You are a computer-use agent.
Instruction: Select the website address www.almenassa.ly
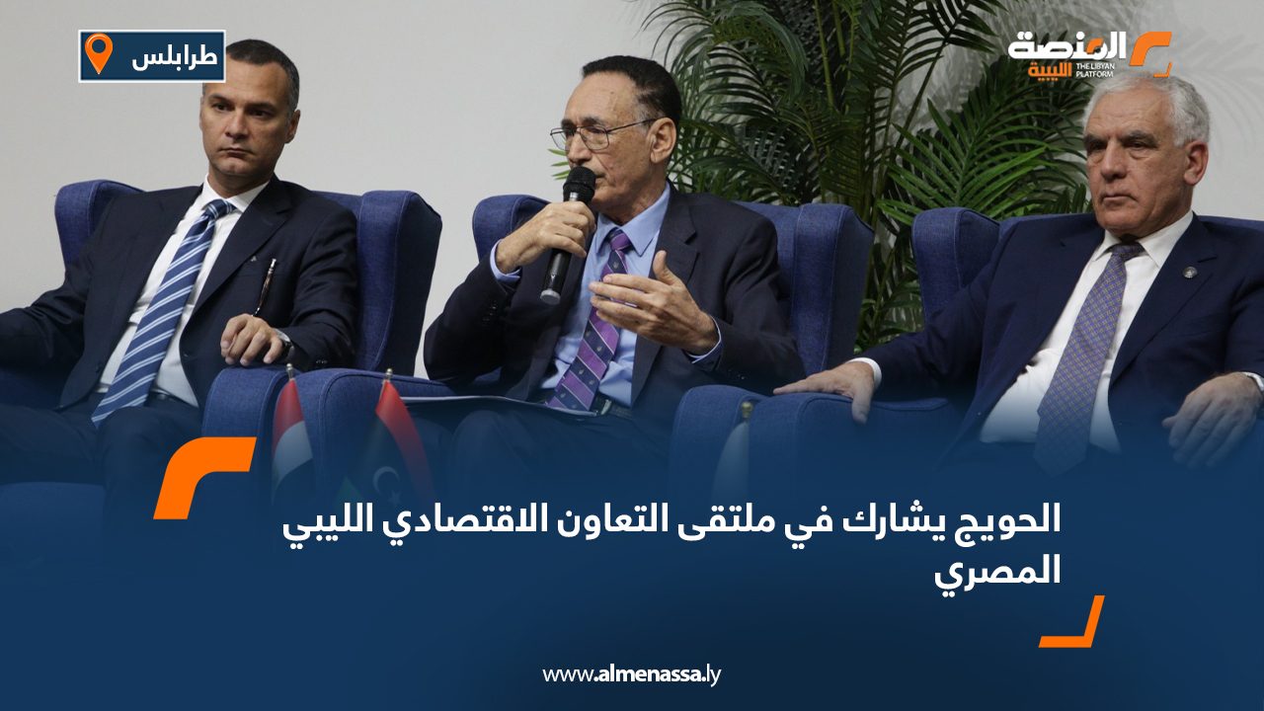click(x=632, y=674)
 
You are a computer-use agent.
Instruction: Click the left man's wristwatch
click(x=285, y=341)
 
